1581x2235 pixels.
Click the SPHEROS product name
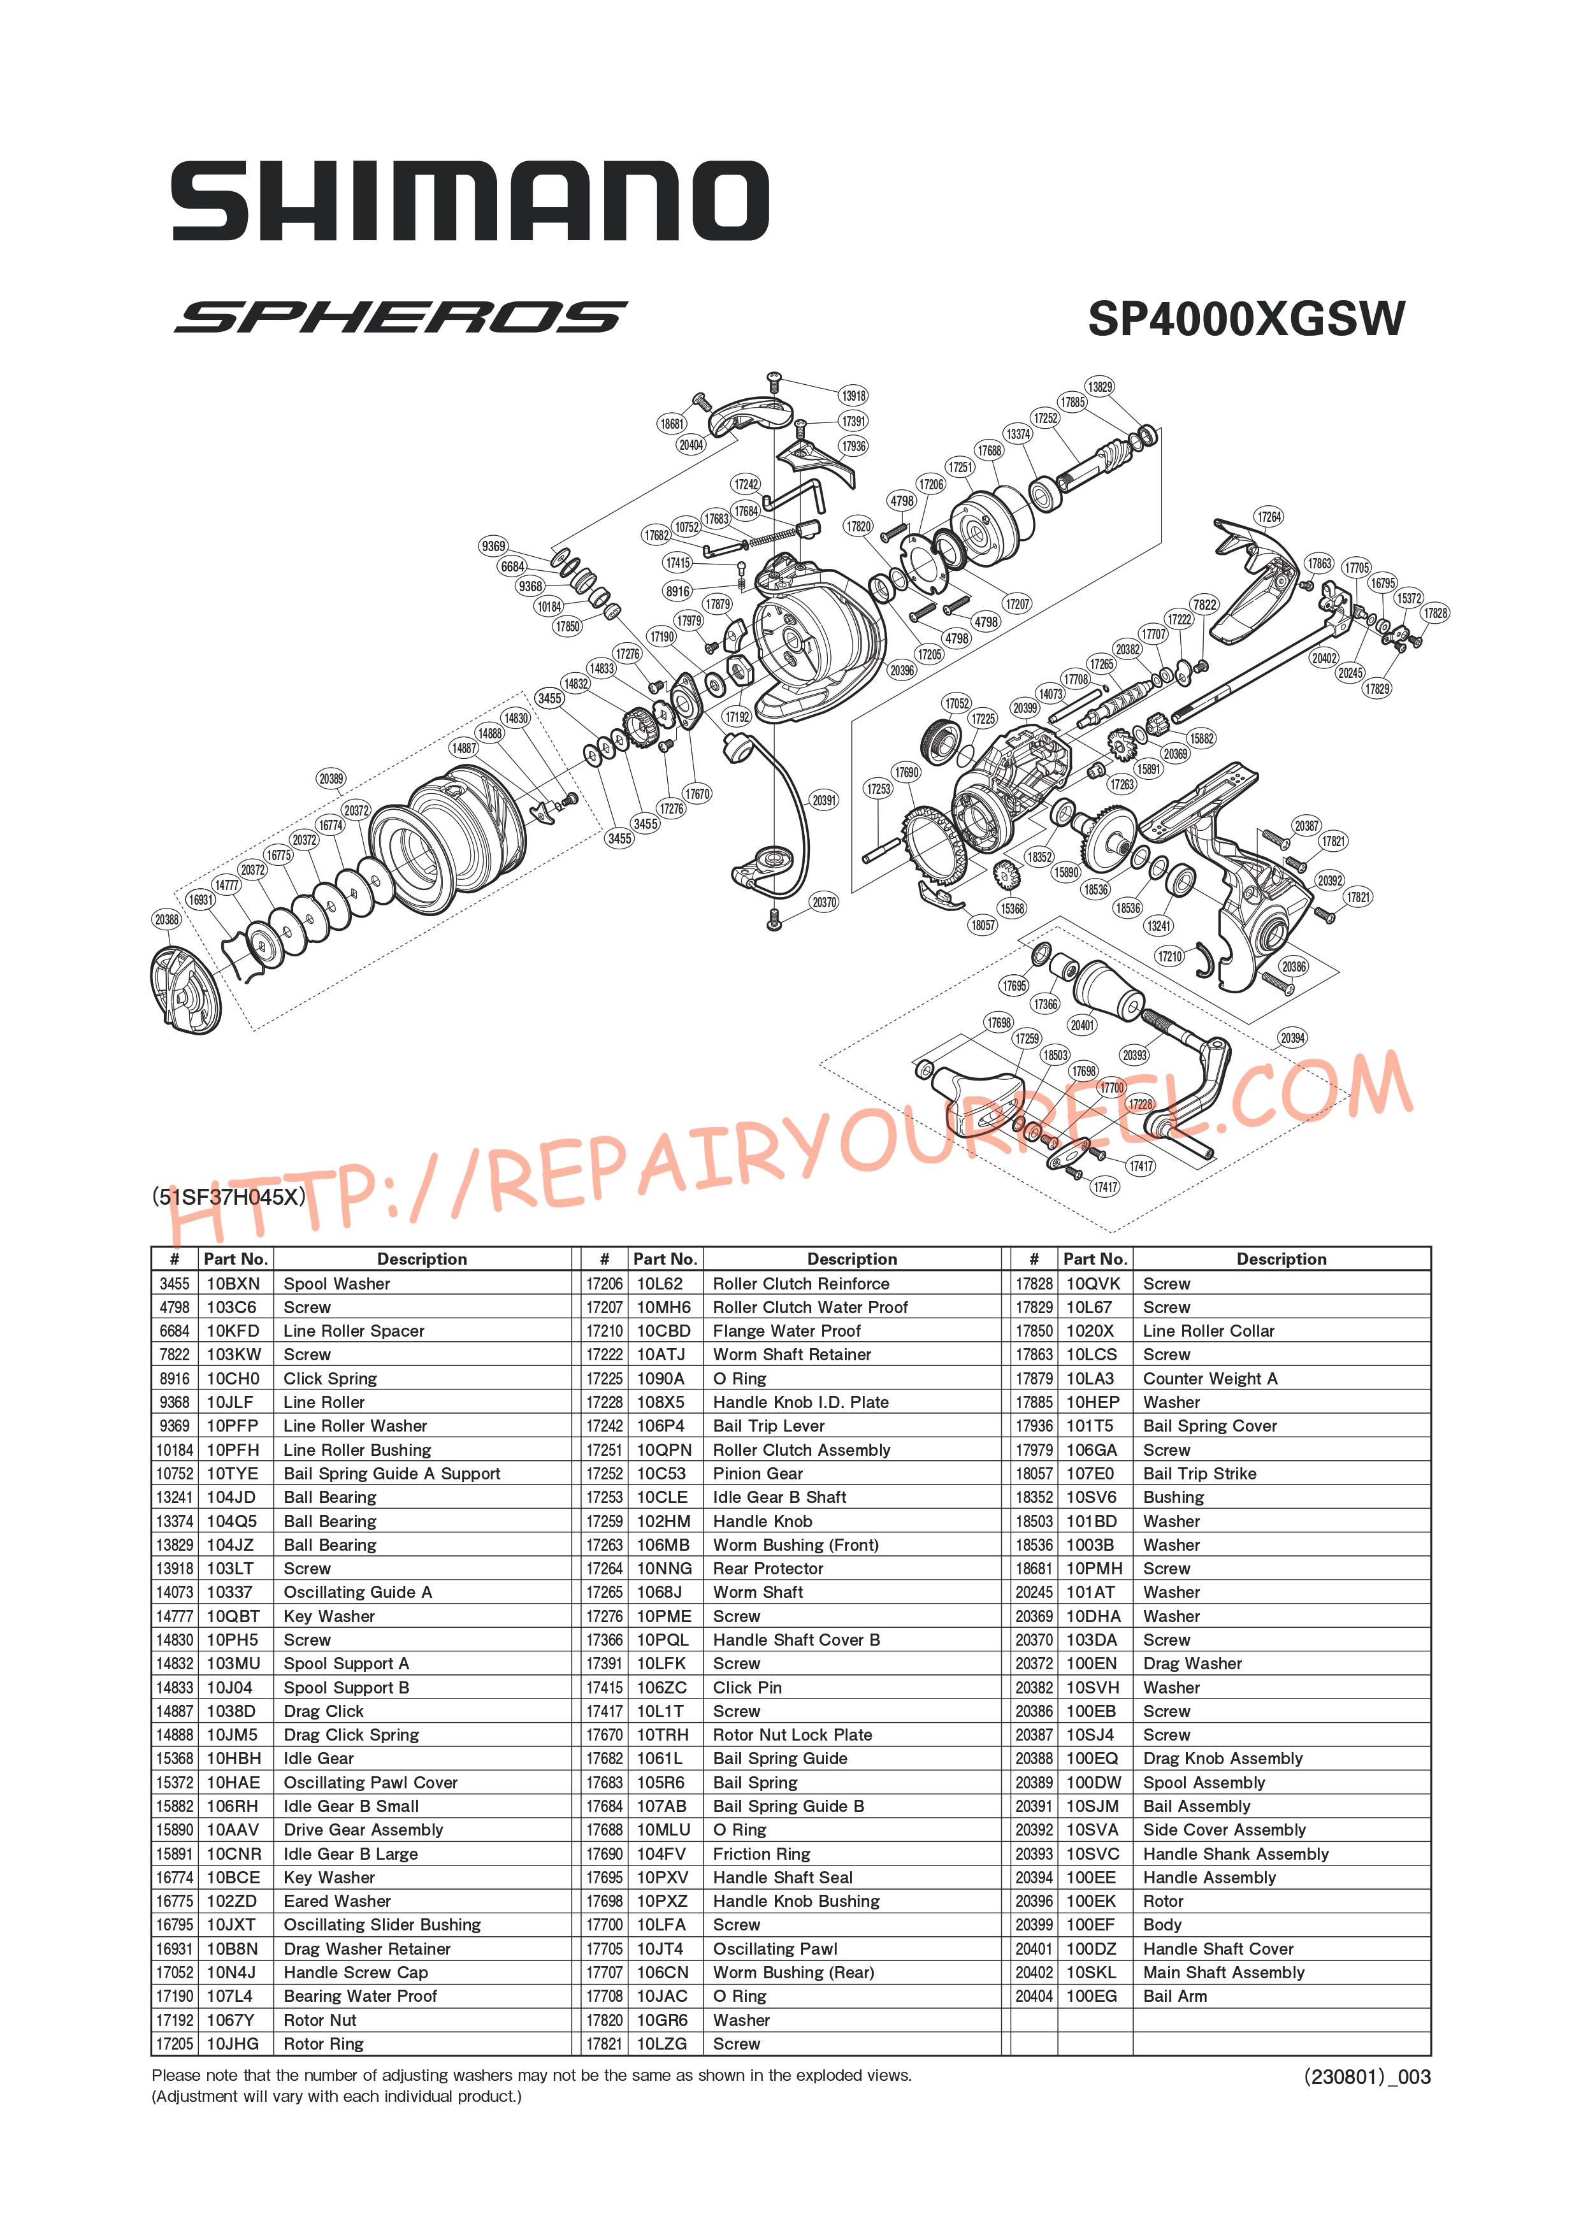coord(400,317)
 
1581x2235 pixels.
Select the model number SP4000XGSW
coord(1246,319)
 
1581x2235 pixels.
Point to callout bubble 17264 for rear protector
coord(1269,517)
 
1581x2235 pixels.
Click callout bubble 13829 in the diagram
coord(1100,387)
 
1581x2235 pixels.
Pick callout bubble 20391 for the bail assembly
coord(823,800)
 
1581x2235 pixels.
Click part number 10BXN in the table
coord(233,1284)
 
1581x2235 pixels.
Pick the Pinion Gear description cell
coord(758,1474)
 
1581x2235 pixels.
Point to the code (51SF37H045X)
coord(229,1197)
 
